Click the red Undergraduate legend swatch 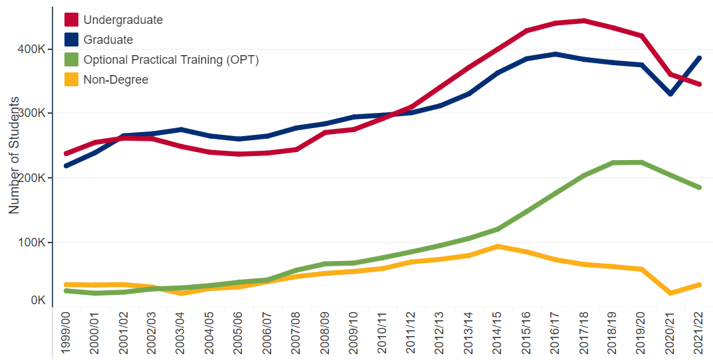(x=70, y=20)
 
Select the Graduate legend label (x=108, y=40)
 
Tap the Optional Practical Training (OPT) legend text (x=171, y=60)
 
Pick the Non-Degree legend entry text (x=116, y=80)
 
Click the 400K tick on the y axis (x=31, y=50)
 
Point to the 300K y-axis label (x=31, y=114)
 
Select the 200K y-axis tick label (x=31, y=178)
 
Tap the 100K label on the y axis (x=31, y=242)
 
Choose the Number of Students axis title (x=14, y=159)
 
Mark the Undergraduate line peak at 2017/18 (x=583, y=21)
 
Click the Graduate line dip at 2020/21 (x=670, y=94)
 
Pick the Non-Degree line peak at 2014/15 (x=497, y=246)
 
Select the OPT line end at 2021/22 (x=698, y=188)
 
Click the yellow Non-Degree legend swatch (x=70, y=80)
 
